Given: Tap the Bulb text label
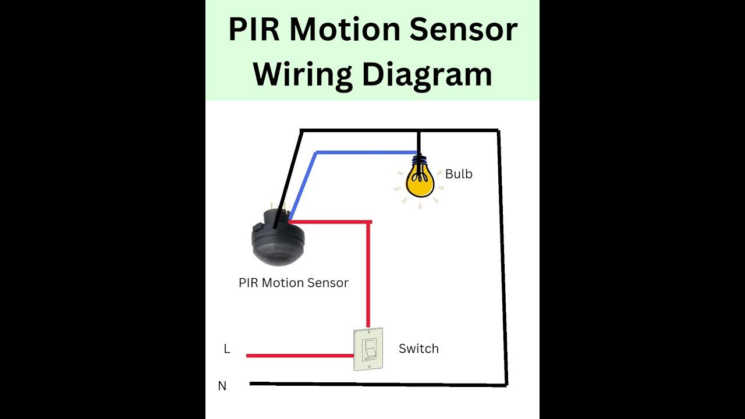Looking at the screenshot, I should (x=459, y=174).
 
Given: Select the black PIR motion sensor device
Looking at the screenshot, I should (x=278, y=239).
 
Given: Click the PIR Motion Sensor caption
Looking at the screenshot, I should (x=293, y=283).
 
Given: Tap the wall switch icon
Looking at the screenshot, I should (x=368, y=350).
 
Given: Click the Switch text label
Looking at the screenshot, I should (x=418, y=349).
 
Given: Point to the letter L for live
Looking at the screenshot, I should (x=227, y=349).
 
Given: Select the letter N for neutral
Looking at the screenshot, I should (x=222, y=386).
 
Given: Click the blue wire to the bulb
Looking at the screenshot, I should (x=361, y=153).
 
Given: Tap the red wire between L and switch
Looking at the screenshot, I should (x=300, y=355).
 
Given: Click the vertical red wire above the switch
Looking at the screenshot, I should (x=368, y=274).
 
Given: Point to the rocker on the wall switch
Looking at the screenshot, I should (x=369, y=351).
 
